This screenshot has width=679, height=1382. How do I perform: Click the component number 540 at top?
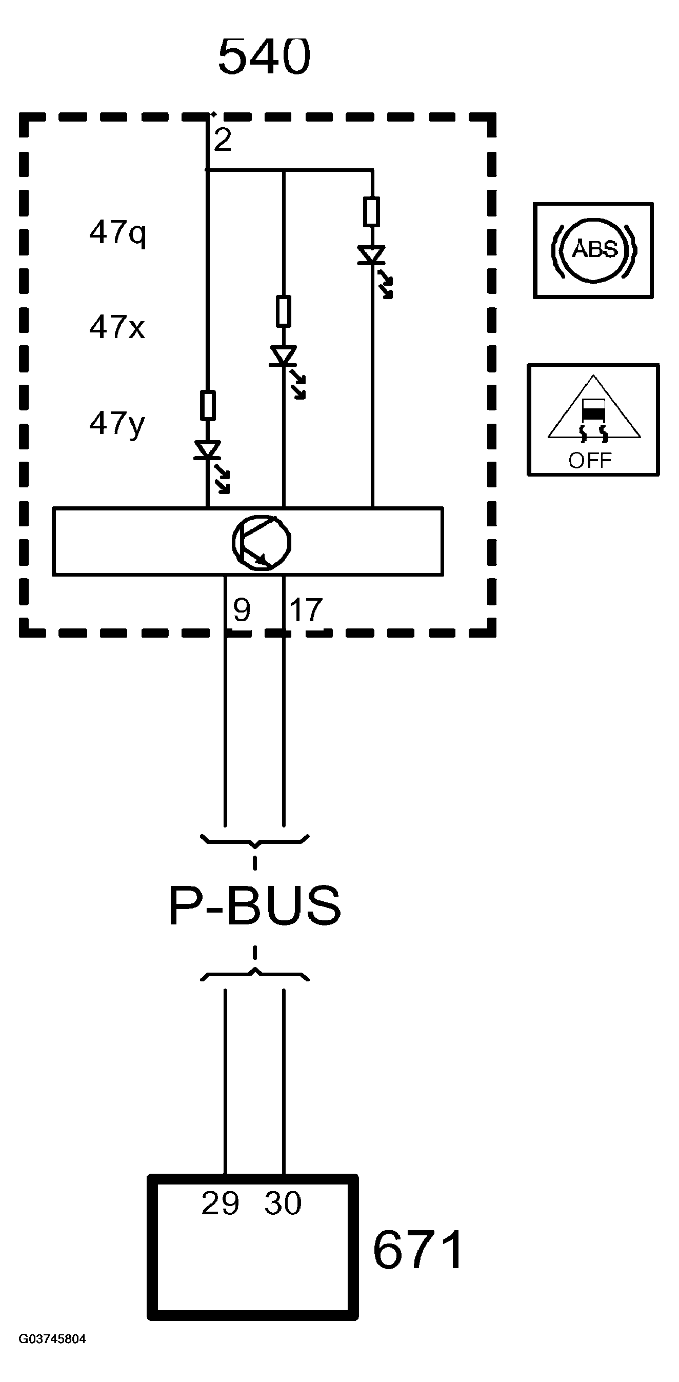[264, 56]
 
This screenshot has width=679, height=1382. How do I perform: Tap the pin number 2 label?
[222, 141]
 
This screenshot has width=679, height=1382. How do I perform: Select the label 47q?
[117, 233]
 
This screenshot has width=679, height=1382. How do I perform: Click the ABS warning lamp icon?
[593, 250]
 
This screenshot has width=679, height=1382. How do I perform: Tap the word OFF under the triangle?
[589, 460]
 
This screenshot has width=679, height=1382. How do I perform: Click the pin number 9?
[242, 610]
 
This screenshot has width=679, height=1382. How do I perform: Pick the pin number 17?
[306, 610]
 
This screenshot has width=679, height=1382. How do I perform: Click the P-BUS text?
[254, 906]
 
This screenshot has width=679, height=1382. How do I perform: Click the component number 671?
[418, 1250]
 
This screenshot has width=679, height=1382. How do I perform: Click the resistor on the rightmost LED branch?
[372, 211]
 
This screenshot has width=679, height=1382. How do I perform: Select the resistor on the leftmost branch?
[208, 405]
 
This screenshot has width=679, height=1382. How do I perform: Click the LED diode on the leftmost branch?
[208, 450]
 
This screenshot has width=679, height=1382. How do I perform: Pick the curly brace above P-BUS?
[254, 840]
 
